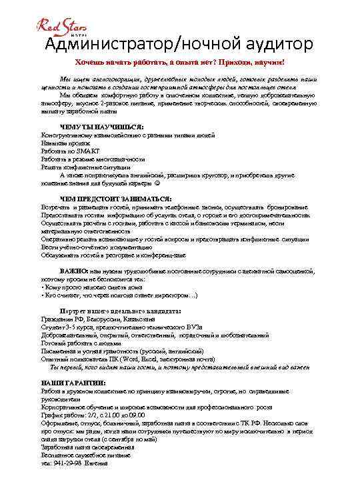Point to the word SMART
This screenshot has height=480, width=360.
tap(87, 151)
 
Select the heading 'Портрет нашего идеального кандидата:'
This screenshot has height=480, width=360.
tap(121, 311)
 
